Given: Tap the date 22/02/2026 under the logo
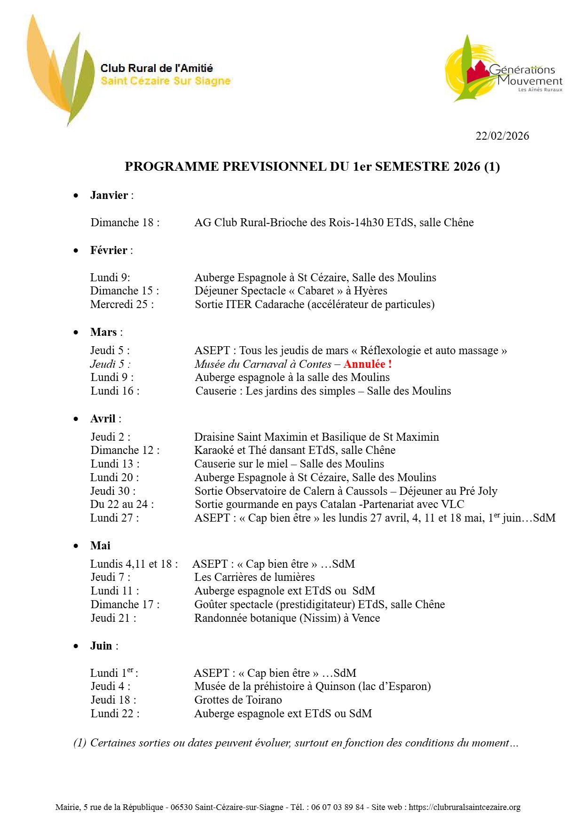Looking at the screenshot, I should tap(502, 136).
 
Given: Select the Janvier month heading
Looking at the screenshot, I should tap(109, 196).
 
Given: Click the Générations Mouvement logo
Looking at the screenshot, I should tap(503, 69).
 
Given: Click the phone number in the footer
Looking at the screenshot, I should tap(337, 807).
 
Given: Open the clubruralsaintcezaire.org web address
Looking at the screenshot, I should tap(465, 807).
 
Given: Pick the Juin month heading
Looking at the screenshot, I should tap(101, 646).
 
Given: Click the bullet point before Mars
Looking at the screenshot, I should tap(76, 333).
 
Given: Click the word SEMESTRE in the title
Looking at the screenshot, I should tap(412, 167).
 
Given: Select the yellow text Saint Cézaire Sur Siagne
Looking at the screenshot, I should tap(165, 81).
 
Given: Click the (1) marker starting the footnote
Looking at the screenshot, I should tap(80, 743).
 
